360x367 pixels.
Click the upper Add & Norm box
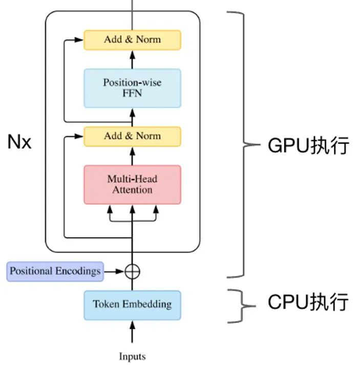132,40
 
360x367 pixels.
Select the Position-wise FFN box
132,88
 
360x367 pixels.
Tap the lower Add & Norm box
132,137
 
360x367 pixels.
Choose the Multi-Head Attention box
132,185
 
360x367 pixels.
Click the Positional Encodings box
55,271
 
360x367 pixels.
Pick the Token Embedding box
132,305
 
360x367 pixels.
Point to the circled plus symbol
132,271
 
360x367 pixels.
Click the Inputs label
132,356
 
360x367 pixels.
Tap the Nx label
19,142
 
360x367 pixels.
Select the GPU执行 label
308,145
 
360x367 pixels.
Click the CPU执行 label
308,302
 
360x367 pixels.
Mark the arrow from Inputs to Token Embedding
132,332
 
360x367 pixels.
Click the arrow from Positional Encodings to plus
114,271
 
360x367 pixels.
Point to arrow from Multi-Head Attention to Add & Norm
132,156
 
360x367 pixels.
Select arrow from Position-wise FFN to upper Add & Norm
132,59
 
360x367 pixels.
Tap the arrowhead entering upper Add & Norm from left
79,40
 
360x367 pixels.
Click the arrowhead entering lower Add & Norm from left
79,136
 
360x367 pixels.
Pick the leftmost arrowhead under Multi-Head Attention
110,209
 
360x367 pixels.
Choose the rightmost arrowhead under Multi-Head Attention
156,209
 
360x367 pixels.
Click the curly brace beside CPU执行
242,306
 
